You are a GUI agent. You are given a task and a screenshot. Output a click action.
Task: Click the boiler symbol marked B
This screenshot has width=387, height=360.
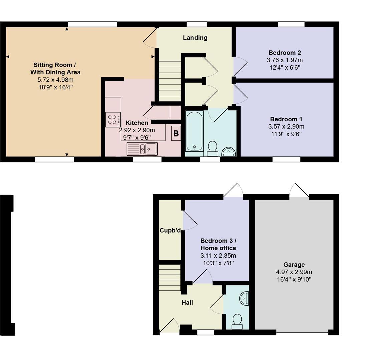click(x=176, y=134)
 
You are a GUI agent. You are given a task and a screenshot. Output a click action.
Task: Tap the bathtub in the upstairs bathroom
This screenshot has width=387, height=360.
click(x=194, y=131)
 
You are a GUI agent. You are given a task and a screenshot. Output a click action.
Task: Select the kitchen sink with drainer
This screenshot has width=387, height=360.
click(x=142, y=149)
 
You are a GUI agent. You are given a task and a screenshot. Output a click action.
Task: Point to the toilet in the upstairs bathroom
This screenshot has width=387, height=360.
click(x=212, y=148)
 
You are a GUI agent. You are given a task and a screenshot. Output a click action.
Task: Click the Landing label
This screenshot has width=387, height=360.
click(x=195, y=38)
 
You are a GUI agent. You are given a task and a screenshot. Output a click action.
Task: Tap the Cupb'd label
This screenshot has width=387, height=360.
click(x=170, y=230)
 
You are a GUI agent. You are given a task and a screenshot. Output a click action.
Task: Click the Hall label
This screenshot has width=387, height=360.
click(x=187, y=303)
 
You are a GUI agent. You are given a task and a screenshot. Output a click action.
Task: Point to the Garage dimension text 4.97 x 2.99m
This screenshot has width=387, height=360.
click(x=294, y=272)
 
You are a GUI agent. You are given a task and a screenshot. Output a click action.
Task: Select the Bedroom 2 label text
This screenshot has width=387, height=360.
click(x=285, y=53)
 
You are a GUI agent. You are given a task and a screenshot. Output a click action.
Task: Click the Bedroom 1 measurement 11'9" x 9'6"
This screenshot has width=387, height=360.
click(x=286, y=134)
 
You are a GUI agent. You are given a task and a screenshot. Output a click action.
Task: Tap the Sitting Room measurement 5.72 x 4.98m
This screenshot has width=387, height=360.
click(x=55, y=80)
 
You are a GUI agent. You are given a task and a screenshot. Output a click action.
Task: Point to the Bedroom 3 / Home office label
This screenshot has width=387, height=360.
click(x=218, y=244)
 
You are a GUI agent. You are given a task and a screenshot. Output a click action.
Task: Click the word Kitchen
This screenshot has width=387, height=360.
click(x=137, y=123)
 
